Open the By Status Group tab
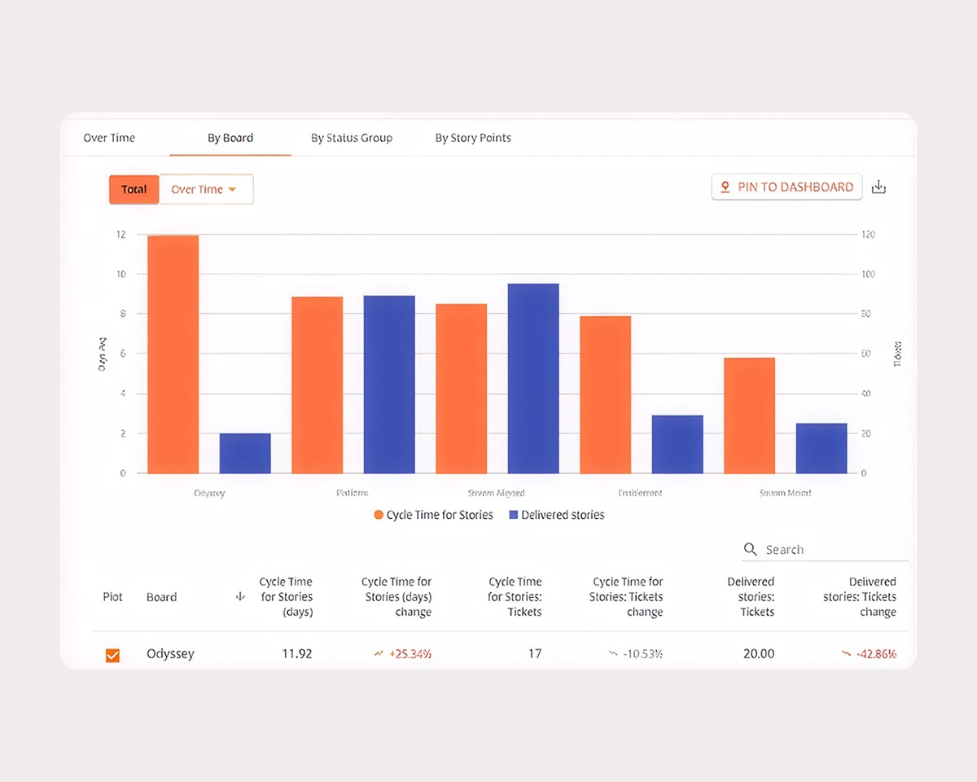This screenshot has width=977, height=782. pos(352,138)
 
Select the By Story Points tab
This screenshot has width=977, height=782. pos(473,138)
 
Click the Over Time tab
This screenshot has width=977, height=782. pos(109,138)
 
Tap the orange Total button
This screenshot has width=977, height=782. pos(134,189)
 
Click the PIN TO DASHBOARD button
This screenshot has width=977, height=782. pos(786,187)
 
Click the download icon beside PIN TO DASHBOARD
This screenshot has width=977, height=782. pos(878,187)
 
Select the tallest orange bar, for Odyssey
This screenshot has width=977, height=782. pos(173,354)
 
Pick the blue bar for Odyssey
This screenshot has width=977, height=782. pos(245,453)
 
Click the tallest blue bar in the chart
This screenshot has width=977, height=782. pos(533,378)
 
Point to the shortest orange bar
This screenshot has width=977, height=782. pos(749,415)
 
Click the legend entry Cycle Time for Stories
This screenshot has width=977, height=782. pos(433,515)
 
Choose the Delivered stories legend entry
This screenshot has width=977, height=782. pos(557,515)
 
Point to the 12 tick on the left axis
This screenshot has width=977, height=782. pos(120,235)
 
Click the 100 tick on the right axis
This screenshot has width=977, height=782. pos(869,275)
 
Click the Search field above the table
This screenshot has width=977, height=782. pos(830,550)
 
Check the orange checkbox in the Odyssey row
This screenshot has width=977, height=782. pos(113,655)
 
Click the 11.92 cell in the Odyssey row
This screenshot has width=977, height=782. pos(297,653)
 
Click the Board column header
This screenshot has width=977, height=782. pos(161,597)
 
